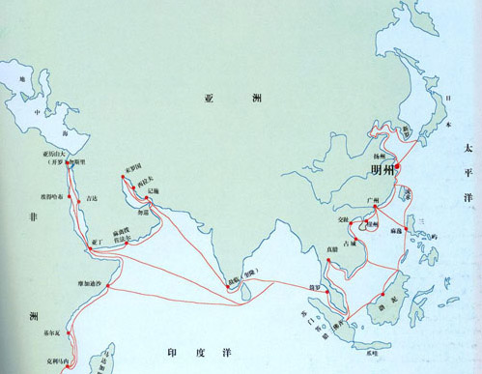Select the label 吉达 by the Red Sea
click(x=92, y=198)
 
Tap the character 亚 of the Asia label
click(x=211, y=99)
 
